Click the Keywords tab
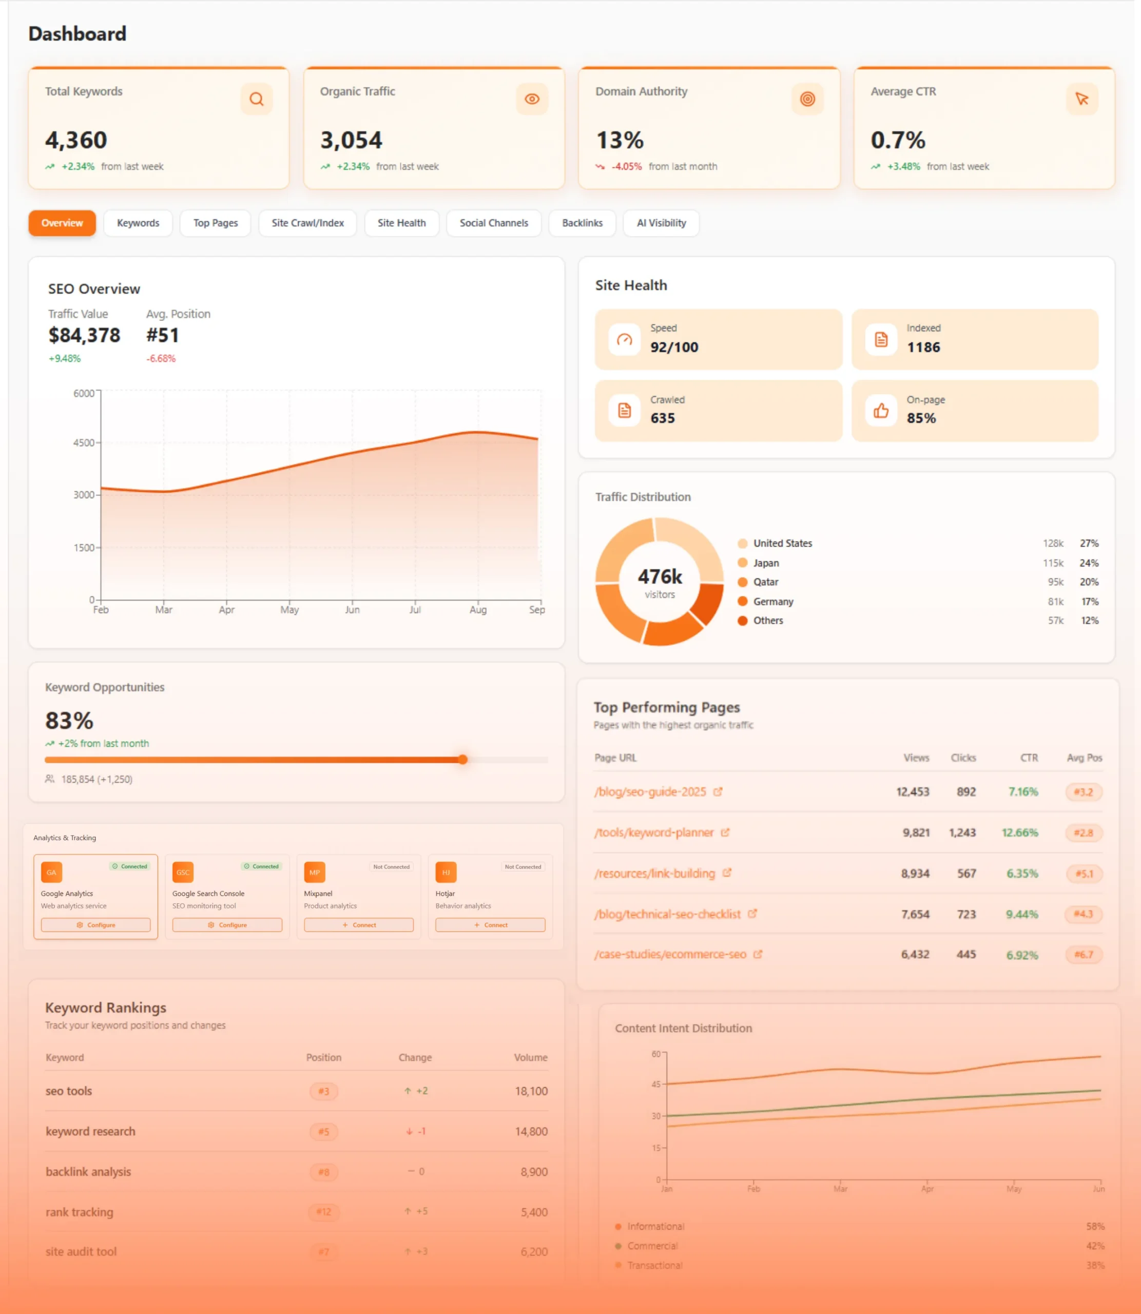(138, 223)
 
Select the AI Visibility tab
(661, 223)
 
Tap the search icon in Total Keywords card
(257, 99)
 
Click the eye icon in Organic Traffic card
(532, 99)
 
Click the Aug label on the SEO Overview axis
(477, 610)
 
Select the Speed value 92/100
(673, 347)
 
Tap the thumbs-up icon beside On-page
(881, 411)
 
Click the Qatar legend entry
(765, 582)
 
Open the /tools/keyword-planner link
(654, 833)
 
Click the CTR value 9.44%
(1021, 914)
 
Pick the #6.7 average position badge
(1083, 955)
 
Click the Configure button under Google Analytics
(95, 925)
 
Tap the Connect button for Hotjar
(490, 925)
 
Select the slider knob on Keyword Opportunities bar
(463, 760)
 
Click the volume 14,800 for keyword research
(531, 1131)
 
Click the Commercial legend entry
(652, 1246)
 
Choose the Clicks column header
(963, 758)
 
